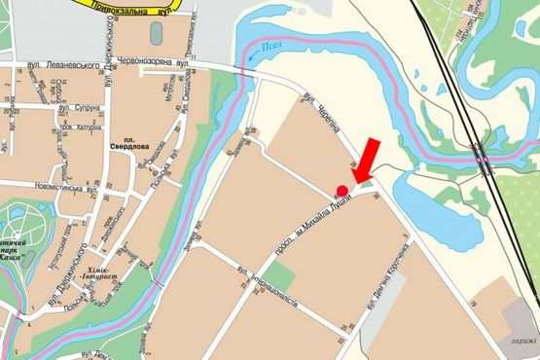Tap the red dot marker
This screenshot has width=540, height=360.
(x=342, y=190)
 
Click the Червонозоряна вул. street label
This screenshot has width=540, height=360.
(x=147, y=63)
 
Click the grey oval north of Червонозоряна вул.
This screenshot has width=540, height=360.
(x=157, y=32)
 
